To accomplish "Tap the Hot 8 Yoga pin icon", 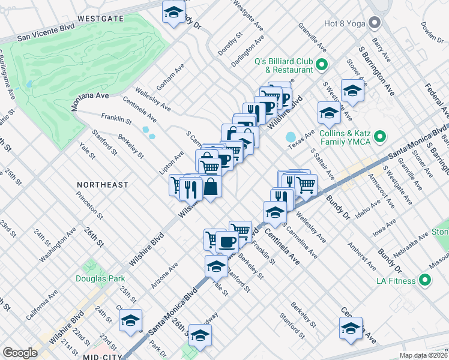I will tap(375, 24).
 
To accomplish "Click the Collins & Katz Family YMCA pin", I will tap(379, 137).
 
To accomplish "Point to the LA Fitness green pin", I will tap(425, 280).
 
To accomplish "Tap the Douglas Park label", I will tap(100, 278).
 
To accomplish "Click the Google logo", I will tap(20, 353).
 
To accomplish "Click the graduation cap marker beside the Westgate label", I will tap(174, 12).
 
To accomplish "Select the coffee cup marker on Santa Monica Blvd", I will tap(227, 241).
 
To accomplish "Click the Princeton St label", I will tap(89, 205).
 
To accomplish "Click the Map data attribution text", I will tap(423, 355).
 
